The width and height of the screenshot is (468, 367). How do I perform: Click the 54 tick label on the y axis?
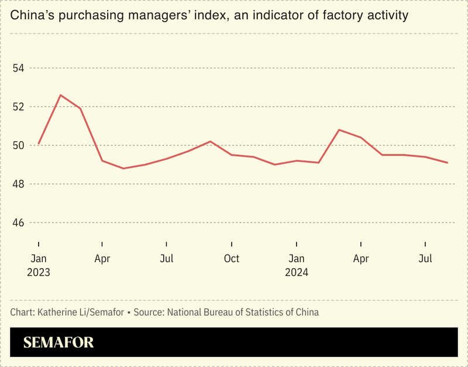tap(19, 68)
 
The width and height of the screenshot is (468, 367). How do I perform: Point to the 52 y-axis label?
tap(19, 107)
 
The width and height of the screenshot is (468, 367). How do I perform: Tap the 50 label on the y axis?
tap(19, 145)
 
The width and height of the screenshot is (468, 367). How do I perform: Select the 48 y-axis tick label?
tap(19, 184)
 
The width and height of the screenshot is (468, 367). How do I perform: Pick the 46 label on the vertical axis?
tap(19, 223)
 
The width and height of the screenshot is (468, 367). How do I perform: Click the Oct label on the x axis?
tap(232, 259)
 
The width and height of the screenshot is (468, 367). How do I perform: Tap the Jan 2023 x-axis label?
tap(38, 265)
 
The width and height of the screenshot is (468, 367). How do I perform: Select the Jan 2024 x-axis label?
tap(297, 265)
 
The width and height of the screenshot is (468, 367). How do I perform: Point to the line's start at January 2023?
tap(39, 143)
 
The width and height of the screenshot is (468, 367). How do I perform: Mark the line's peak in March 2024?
tap(339, 130)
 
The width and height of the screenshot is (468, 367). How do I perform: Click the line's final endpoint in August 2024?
tap(448, 163)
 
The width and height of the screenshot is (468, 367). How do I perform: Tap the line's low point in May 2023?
tap(123, 169)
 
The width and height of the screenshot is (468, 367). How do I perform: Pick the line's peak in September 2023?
tap(211, 141)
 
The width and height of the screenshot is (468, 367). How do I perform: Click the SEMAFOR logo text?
tap(58, 342)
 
